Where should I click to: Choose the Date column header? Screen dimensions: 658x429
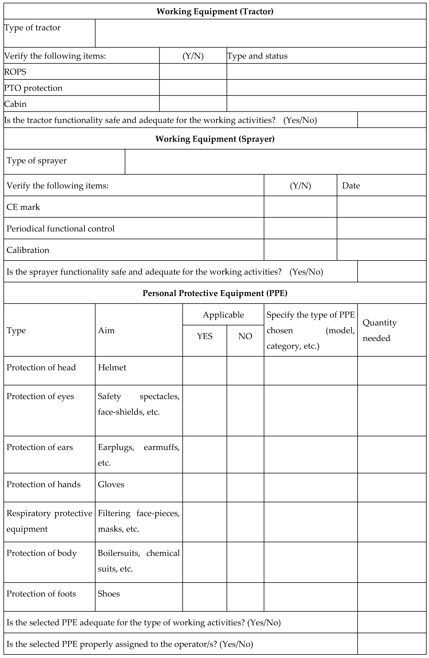(351, 186)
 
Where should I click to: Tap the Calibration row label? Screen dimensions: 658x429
(28, 250)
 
